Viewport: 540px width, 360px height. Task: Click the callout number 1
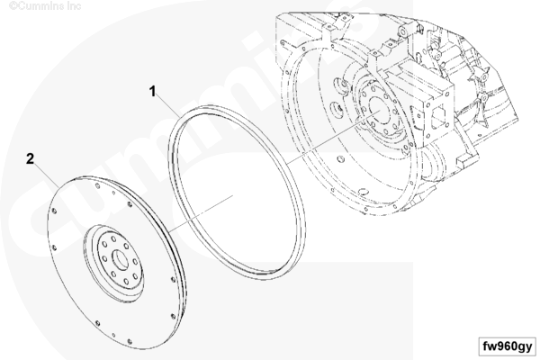(x=153, y=92)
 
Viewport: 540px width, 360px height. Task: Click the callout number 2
(x=31, y=158)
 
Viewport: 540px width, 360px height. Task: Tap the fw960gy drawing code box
(x=507, y=346)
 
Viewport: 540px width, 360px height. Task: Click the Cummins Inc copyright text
(x=45, y=6)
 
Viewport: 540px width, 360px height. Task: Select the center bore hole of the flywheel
(x=121, y=260)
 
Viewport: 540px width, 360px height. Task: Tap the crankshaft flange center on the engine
(x=380, y=111)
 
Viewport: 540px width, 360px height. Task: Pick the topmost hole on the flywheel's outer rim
(x=97, y=186)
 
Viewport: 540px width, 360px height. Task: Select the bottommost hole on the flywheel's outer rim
(x=130, y=342)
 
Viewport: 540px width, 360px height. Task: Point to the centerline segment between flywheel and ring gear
(x=201, y=213)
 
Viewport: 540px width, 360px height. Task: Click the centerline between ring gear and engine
(x=333, y=137)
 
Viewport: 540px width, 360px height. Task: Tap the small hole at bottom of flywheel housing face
(x=363, y=192)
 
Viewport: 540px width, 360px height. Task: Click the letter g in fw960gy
(x=519, y=346)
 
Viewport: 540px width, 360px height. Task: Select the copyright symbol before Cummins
(x=13, y=6)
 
